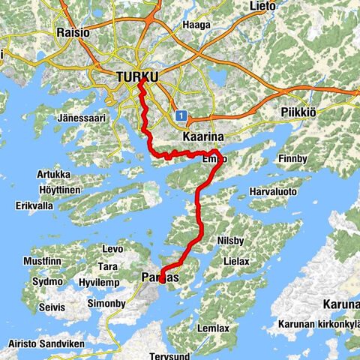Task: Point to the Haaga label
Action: [197, 25]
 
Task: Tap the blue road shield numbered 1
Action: [181, 116]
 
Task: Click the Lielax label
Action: [241, 260]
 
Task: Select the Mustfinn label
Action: [41, 261]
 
